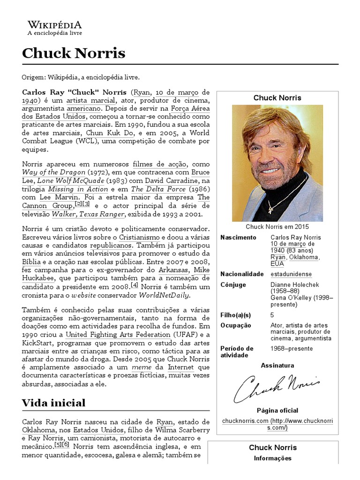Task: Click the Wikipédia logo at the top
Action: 54,28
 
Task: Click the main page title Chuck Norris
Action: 74,53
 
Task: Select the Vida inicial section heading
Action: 54,403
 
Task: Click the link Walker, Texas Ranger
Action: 88,214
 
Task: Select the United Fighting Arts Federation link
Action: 118,335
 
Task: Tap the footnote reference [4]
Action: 135,285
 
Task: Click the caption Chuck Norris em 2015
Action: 277,226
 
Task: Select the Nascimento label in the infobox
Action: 238,238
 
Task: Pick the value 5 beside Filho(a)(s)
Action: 272,315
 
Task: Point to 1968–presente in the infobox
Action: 291,349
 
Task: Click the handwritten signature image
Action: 277,387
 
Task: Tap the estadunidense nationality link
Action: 291,274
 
